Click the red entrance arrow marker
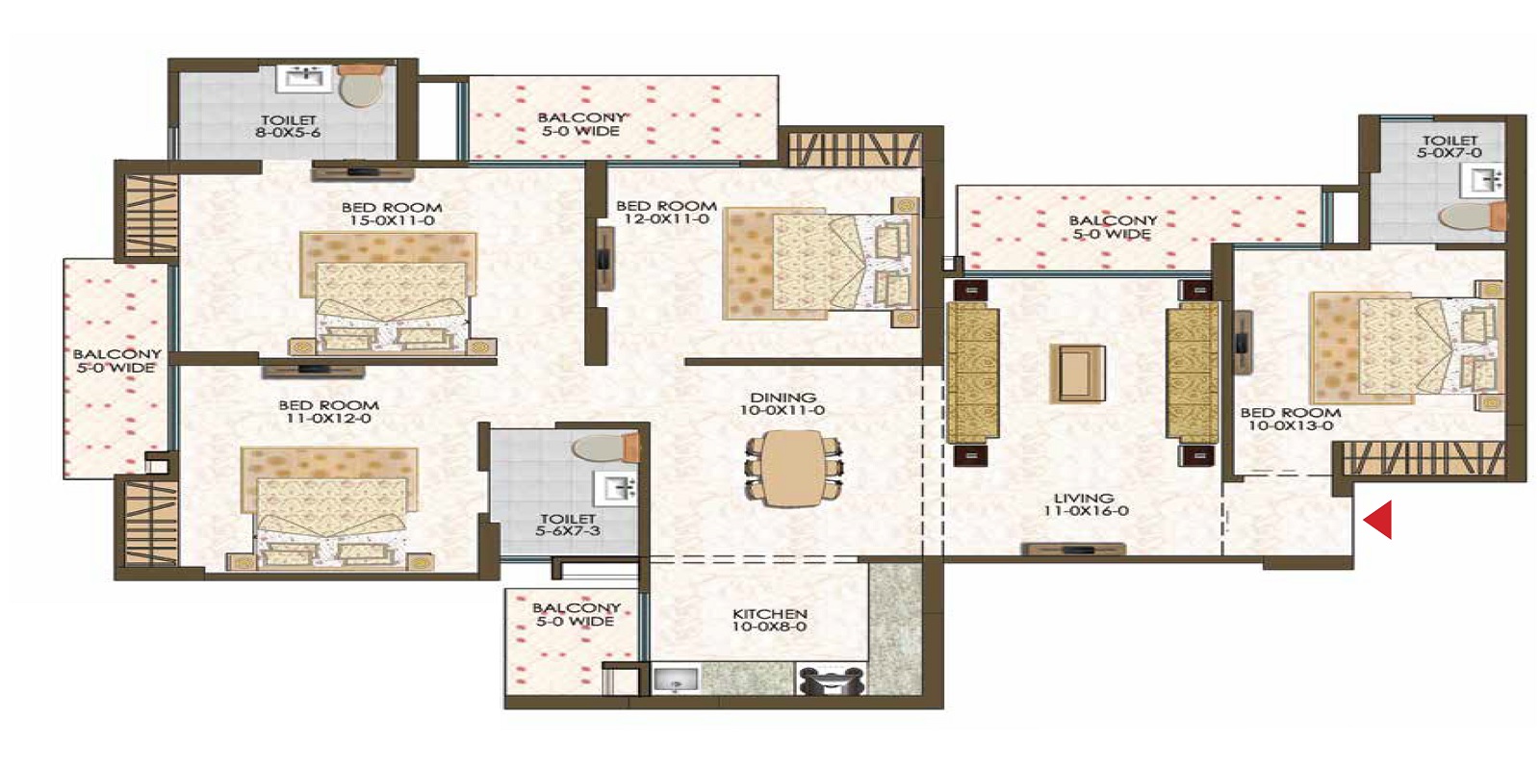click(x=1378, y=520)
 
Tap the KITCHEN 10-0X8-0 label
click(x=769, y=620)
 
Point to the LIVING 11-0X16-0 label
click(x=1085, y=504)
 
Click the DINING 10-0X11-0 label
click(x=783, y=403)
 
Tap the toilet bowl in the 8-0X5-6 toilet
click(x=361, y=88)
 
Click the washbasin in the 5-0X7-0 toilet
click(x=1483, y=179)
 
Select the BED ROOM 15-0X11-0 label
click(x=392, y=214)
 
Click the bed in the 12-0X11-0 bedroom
click(x=818, y=262)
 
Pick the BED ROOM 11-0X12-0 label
click(x=328, y=412)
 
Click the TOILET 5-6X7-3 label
click(x=568, y=525)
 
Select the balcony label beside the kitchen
click(x=576, y=614)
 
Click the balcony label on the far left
click(x=116, y=361)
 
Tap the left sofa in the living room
click(x=972, y=373)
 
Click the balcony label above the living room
click(x=1112, y=227)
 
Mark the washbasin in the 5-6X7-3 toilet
click(x=615, y=488)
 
